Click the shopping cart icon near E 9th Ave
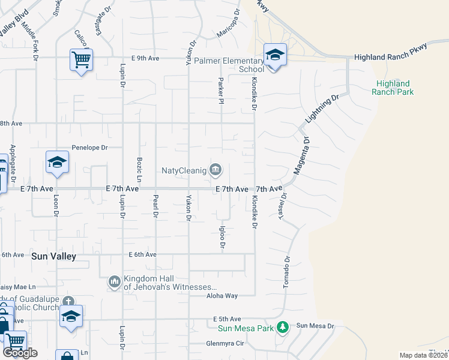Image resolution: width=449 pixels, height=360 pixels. click(x=81, y=59)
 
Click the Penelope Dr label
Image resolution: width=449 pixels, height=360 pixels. click(x=89, y=147)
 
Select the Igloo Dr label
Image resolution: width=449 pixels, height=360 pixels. click(x=222, y=237)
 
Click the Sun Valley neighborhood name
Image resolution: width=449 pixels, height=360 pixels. click(x=54, y=256)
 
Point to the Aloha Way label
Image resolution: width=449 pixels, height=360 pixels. click(x=222, y=296)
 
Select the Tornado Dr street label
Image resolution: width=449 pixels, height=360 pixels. click(x=287, y=273)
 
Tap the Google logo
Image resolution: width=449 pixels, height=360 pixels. click(x=20, y=352)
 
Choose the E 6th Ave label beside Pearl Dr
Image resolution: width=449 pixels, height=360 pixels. click(x=142, y=254)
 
